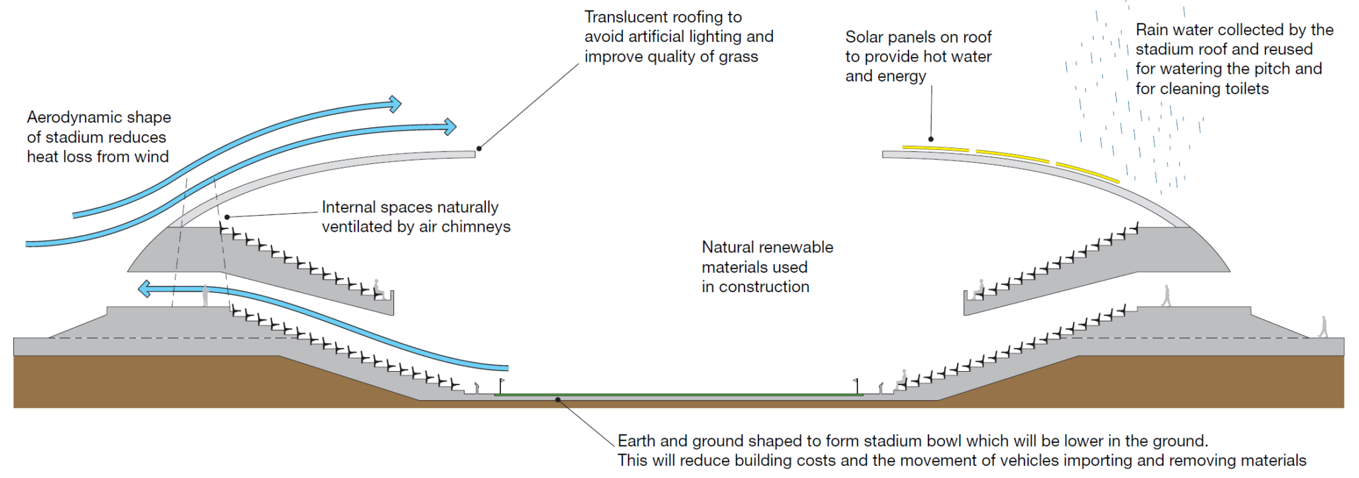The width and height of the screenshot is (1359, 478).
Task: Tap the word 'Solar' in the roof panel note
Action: coord(864,37)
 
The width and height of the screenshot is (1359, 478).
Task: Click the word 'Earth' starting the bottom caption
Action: coord(636,441)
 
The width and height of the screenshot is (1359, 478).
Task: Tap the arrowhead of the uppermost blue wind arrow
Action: coord(395,104)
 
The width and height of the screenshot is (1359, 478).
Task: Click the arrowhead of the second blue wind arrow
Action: coord(450,126)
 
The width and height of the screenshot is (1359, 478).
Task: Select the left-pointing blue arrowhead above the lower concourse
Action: coord(144,288)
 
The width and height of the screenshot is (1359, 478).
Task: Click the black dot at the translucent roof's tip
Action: coord(479,148)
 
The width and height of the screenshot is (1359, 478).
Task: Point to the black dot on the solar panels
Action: coord(931,139)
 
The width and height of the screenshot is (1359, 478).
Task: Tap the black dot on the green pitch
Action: coord(558,400)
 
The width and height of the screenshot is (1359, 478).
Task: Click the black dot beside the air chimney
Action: coord(227,217)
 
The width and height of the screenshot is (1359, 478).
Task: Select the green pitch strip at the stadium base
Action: coord(677,394)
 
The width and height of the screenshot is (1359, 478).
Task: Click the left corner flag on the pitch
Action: coord(501,386)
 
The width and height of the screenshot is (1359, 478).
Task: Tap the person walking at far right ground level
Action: coord(1323,327)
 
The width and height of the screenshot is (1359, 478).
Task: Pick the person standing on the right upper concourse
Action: coord(1167,296)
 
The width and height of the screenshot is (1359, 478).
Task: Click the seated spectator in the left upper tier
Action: coord(378,289)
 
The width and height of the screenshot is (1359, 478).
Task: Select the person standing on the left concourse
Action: coord(206,295)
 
